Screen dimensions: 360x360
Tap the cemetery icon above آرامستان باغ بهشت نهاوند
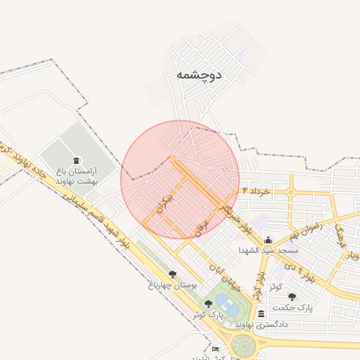(76, 161)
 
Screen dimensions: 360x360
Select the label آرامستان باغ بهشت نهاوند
(76, 176)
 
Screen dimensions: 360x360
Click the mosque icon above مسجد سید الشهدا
(267, 240)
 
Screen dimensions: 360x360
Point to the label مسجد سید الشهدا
(267, 250)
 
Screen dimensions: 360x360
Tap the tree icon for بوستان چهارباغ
(172, 274)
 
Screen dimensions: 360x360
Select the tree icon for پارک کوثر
(208, 304)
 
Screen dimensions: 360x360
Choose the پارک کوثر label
(208, 314)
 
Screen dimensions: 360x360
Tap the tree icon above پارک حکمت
(292, 297)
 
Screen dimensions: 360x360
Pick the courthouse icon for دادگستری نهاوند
(262, 314)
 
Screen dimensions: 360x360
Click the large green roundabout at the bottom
(244, 347)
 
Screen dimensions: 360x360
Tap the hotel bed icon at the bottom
(215, 349)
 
